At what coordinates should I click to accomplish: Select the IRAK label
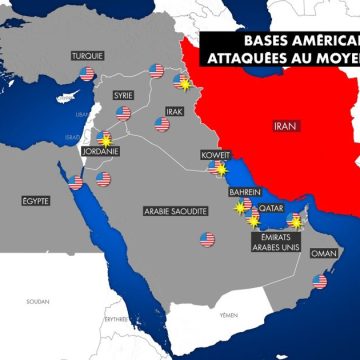coord(174,110)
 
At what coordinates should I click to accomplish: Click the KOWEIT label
coord(217,156)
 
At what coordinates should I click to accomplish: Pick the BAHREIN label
coord(245,192)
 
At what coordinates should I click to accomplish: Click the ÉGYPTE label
coord(35,201)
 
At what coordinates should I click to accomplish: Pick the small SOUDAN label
coord(37,300)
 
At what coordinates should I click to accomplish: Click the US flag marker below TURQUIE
coord(87,74)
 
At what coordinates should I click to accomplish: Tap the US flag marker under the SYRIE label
coord(124,114)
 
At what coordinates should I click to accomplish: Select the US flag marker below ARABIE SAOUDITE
coord(207,239)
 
